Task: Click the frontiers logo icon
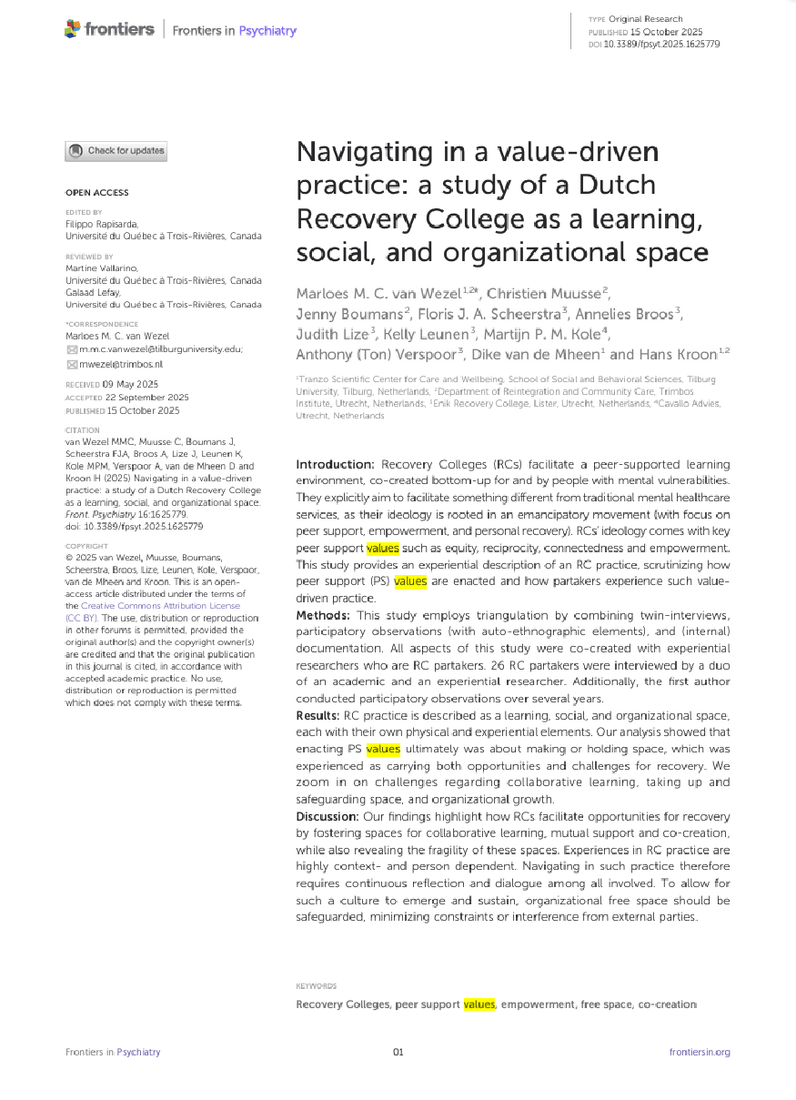click(73, 30)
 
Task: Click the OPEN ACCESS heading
click(97, 193)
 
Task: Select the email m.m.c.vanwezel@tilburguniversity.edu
click(161, 349)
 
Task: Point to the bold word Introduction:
click(337, 465)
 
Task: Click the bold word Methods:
click(324, 616)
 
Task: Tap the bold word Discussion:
click(328, 816)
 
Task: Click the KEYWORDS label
click(317, 985)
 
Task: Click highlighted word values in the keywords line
click(479, 1004)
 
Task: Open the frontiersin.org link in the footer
click(700, 1053)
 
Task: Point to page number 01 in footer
click(398, 1053)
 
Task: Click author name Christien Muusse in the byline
click(545, 292)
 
